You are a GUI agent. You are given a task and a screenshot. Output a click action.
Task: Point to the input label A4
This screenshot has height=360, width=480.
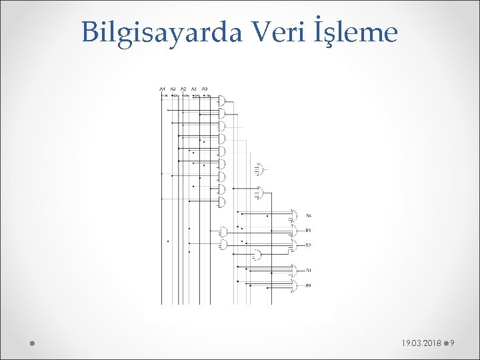click(162, 89)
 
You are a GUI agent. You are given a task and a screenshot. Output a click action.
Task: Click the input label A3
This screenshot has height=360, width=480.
click(173, 89)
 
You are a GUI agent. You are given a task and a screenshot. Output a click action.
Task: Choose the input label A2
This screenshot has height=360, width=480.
click(183, 89)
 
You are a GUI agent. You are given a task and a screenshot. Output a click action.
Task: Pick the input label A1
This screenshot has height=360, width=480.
click(194, 89)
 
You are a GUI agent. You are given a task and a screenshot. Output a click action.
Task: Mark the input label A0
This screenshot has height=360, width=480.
click(205, 89)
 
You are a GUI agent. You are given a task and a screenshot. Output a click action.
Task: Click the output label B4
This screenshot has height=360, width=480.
click(309, 216)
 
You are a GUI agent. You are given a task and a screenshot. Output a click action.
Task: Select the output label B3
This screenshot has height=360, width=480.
click(309, 231)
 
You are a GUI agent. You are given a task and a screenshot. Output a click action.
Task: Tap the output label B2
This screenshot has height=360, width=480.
click(309, 246)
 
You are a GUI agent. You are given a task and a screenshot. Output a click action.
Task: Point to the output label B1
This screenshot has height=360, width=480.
click(309, 271)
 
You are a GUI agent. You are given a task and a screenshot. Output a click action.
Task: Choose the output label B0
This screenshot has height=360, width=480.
click(309, 286)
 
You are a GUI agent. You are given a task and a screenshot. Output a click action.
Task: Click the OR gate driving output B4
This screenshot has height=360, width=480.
click(293, 215)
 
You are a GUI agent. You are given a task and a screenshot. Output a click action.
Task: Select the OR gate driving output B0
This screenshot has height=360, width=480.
click(293, 286)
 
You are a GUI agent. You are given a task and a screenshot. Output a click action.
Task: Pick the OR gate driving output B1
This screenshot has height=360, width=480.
click(293, 270)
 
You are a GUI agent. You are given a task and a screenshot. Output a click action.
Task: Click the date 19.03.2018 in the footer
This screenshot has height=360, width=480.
click(421, 343)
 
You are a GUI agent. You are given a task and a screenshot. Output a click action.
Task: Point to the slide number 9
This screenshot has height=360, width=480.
click(453, 343)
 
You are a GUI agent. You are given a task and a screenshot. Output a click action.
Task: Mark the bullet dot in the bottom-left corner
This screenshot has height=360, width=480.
click(31, 343)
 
